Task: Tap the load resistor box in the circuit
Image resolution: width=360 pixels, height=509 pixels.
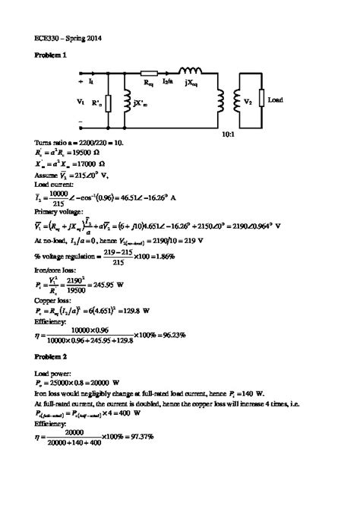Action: point(261,99)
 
